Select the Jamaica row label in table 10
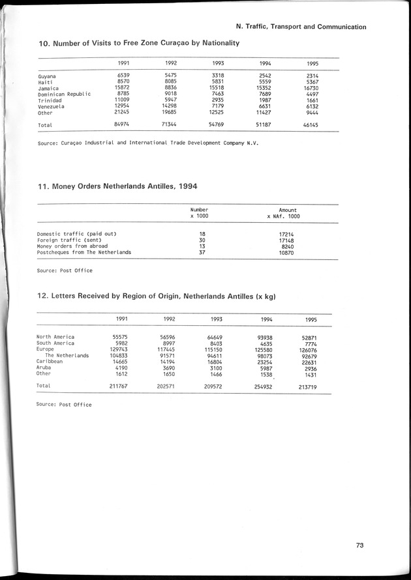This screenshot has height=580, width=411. [48, 88]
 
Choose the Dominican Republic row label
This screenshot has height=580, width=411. [64, 94]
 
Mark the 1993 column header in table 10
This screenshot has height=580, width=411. [219, 63]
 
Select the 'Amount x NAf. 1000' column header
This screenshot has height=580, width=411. [284, 213]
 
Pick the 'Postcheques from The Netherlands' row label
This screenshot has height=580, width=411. [84, 252]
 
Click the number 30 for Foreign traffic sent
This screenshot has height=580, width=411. [202, 239]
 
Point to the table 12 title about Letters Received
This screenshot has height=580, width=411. [157, 297]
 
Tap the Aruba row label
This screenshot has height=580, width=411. [46, 368]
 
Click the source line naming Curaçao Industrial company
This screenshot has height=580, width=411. [147, 143]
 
